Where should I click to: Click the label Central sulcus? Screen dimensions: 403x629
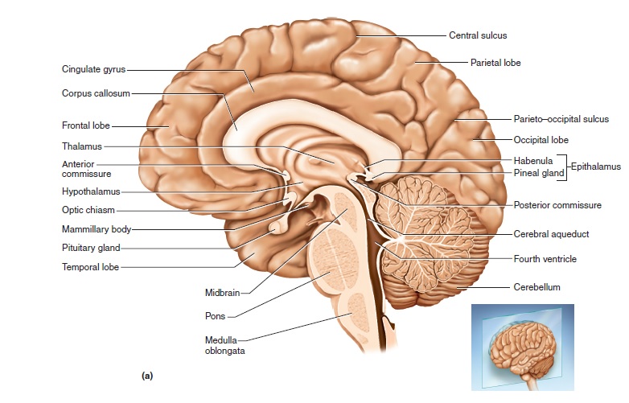(478, 35)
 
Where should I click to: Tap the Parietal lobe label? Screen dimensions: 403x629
(495, 61)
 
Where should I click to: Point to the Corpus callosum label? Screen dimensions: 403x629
(96, 93)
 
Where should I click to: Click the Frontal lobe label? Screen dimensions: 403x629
(86, 125)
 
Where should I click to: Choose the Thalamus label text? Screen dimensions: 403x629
(82, 146)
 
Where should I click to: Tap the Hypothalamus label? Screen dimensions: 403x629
(91, 191)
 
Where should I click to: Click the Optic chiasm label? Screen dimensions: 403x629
(88, 210)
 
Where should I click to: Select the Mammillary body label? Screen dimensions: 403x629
(97, 229)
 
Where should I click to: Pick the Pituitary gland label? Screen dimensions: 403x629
(91, 248)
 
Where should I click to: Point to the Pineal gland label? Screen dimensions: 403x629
(538, 172)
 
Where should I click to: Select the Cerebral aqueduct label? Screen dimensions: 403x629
(552, 234)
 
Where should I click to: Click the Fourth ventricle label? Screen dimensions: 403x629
(545, 259)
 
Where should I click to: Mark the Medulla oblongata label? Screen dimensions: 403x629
(223, 345)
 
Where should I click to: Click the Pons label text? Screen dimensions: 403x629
(215, 315)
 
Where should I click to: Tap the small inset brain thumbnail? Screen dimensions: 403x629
(523, 340)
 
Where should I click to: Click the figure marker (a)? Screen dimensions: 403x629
(147, 376)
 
